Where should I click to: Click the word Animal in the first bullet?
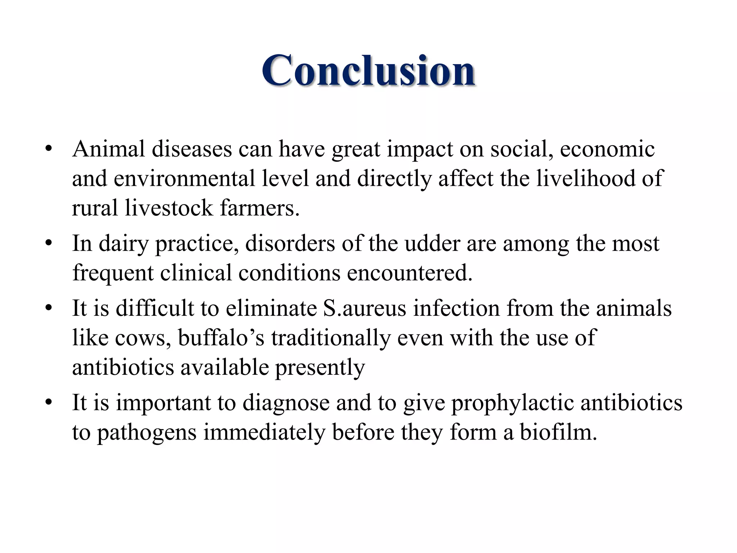pos(108,149)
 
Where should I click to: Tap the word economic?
pos(607,149)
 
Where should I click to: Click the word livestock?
pos(169,208)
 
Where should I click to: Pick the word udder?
pos(432,243)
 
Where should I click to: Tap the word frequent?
pos(113,273)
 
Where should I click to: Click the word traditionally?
pos(331,338)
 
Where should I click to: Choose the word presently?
pos(320,368)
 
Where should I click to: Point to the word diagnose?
pos(286,403)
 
